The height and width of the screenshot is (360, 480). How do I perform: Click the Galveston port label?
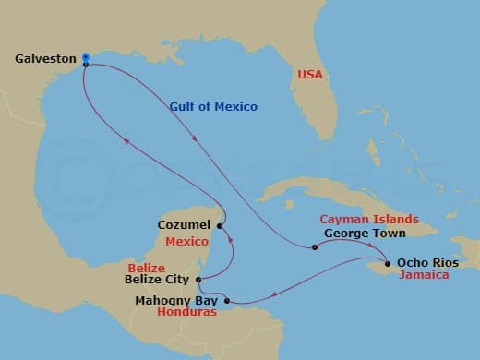tap(45, 58)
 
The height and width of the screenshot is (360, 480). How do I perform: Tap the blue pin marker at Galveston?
tap(85, 57)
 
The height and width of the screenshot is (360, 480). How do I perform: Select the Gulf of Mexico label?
tap(213, 107)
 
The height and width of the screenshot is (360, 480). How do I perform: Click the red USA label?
tap(308, 75)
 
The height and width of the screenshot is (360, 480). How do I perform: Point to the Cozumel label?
tap(185, 224)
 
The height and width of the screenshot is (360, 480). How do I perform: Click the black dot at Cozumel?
tap(220, 225)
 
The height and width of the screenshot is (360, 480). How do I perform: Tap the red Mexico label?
tap(186, 241)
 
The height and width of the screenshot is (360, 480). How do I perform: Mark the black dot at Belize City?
tap(199, 279)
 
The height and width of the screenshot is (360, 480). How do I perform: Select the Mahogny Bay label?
tap(176, 299)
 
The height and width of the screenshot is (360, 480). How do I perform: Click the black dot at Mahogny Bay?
tap(227, 299)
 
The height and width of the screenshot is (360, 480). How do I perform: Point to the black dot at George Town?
tap(315, 246)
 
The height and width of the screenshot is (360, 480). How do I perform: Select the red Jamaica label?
tap(424, 275)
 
